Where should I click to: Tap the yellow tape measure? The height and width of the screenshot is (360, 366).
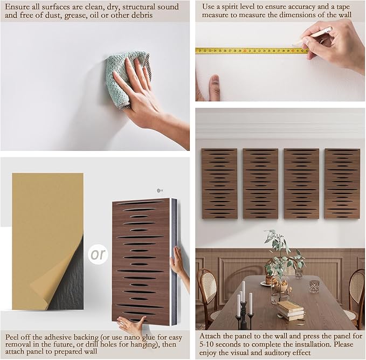pyautogui.click(x=252, y=51)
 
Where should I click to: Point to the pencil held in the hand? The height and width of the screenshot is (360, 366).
pyautogui.click(x=312, y=36)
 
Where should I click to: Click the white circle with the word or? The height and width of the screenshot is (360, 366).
pyautogui.click(x=98, y=254)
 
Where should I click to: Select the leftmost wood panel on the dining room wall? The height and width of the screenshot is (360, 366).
pyautogui.click(x=219, y=184)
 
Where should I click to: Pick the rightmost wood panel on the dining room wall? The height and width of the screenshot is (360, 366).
pyautogui.click(x=342, y=184)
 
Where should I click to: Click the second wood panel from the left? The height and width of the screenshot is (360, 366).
pyautogui.click(x=260, y=184)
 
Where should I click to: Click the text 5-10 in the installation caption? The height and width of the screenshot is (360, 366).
pyautogui.click(x=206, y=344)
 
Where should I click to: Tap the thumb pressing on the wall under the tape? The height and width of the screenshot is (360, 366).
pyautogui.click(x=215, y=87)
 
